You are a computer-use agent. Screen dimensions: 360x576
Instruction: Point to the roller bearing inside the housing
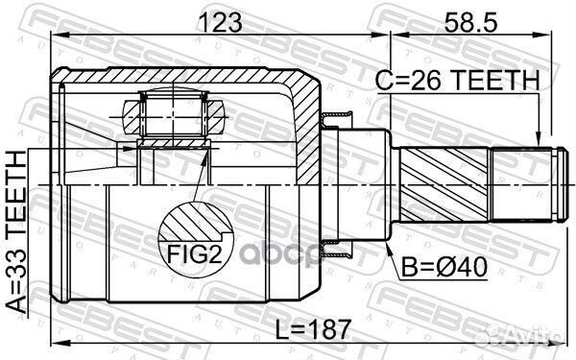(x=172, y=114)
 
